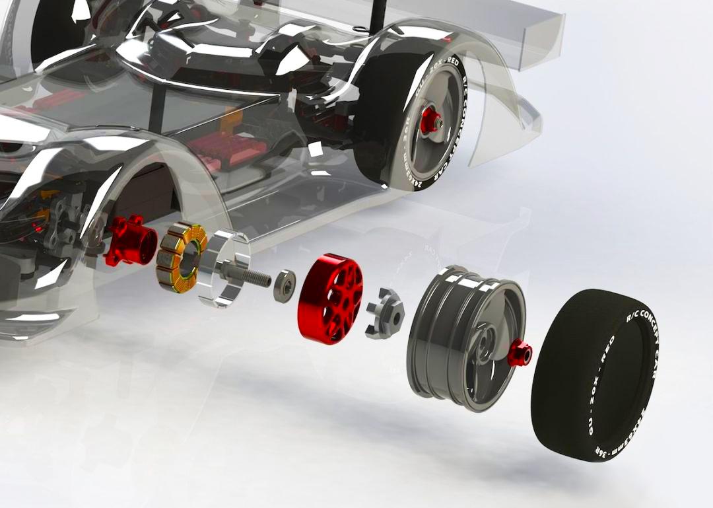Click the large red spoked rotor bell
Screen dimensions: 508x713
[x=329, y=297]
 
